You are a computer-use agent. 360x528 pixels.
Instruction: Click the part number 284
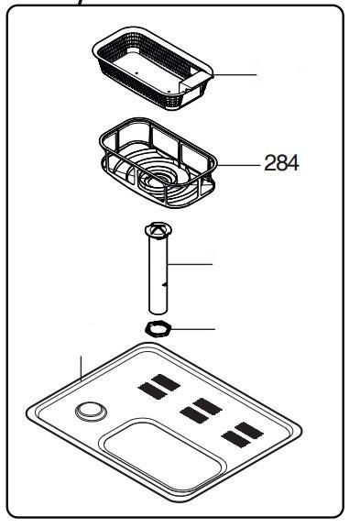click(281, 163)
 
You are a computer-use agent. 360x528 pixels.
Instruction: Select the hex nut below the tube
click(158, 328)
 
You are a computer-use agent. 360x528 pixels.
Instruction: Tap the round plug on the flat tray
click(91, 412)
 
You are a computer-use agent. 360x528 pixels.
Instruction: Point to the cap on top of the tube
click(158, 230)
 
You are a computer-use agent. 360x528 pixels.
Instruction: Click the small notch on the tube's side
click(164, 285)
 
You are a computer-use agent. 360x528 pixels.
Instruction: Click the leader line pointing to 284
click(238, 165)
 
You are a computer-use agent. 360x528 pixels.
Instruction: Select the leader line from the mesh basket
click(235, 75)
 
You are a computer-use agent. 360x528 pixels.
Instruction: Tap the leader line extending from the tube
click(190, 264)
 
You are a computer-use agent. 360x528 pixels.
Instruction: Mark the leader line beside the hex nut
click(193, 329)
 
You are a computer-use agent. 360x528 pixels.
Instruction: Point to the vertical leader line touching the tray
click(81, 368)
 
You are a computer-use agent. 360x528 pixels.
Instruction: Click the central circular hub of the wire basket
click(158, 178)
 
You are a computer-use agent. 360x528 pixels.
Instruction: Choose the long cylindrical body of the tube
click(158, 274)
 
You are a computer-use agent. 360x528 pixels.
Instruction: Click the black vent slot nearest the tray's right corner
click(249, 431)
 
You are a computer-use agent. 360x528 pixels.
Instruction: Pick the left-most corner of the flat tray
click(27, 412)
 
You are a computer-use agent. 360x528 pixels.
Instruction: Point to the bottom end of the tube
click(158, 312)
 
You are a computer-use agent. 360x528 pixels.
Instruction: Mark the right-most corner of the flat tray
click(301, 432)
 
